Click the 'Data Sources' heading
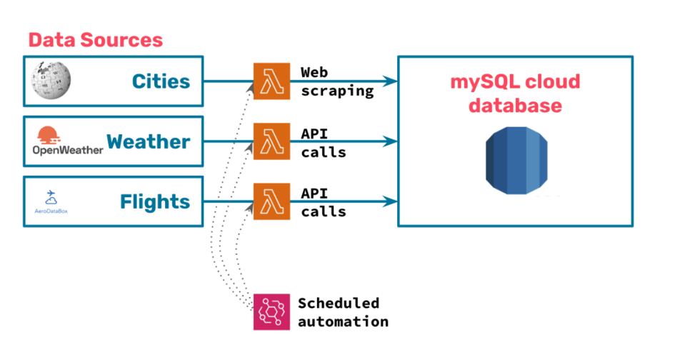[x=95, y=39]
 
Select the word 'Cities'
[x=161, y=81]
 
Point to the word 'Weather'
[x=149, y=141]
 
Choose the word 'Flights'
[x=155, y=202]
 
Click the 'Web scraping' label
[x=336, y=81]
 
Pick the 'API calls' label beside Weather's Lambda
[x=323, y=141]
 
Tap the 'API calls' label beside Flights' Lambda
[x=323, y=202]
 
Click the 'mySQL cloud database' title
[x=515, y=94]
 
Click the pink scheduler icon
[x=271, y=311]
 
